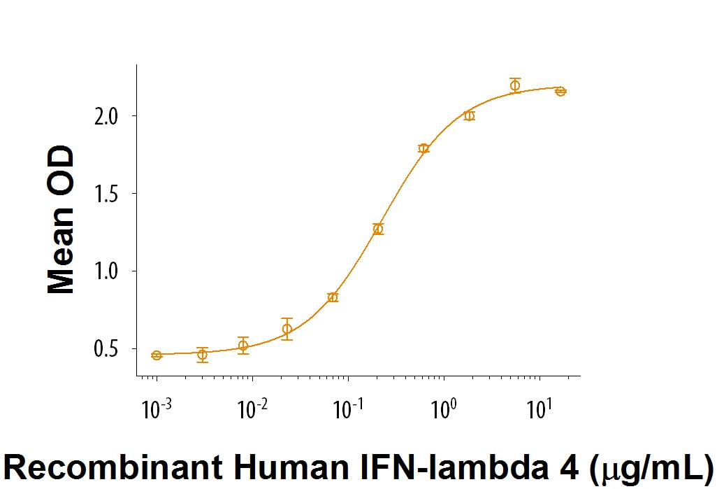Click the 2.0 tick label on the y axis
[x=109, y=115]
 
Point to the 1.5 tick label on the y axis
[x=109, y=193]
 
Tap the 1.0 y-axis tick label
[x=109, y=271]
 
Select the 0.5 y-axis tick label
[x=109, y=348]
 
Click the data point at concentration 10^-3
[x=157, y=355]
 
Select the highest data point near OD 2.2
[x=515, y=85]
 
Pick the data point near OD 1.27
[x=378, y=229]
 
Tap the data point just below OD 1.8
[x=423, y=148]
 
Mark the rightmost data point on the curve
[x=560, y=91]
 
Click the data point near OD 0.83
[x=333, y=297]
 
